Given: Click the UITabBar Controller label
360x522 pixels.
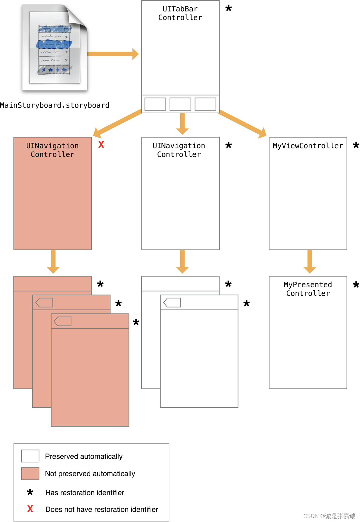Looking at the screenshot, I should [180, 13].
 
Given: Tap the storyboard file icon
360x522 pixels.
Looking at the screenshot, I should [55, 48].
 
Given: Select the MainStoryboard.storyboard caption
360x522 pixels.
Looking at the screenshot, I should [55, 105].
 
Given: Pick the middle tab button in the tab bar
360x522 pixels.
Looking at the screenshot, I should [180, 104].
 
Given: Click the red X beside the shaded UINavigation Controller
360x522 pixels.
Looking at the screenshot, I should [101, 145].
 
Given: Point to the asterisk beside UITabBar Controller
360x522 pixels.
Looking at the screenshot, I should [228, 8].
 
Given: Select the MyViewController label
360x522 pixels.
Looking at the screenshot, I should [308, 146].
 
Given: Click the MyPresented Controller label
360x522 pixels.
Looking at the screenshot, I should [308, 289].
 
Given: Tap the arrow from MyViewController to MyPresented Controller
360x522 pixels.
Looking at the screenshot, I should [310, 261].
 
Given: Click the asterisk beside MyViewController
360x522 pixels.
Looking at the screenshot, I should [356, 145].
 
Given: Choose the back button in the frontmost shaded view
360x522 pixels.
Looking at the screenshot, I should [63, 321].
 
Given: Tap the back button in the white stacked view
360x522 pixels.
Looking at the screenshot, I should [172, 302].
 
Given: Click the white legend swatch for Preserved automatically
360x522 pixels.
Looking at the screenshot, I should [30, 456].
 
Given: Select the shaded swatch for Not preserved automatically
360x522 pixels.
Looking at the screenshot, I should [30, 474].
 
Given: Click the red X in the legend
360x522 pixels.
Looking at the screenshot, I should [30, 509].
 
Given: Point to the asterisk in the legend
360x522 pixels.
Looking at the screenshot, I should [30, 492].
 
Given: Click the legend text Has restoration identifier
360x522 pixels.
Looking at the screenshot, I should [85, 493].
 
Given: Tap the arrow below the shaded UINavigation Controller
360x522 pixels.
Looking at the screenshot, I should [53, 261].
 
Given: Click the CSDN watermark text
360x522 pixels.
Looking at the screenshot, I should [329, 516].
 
